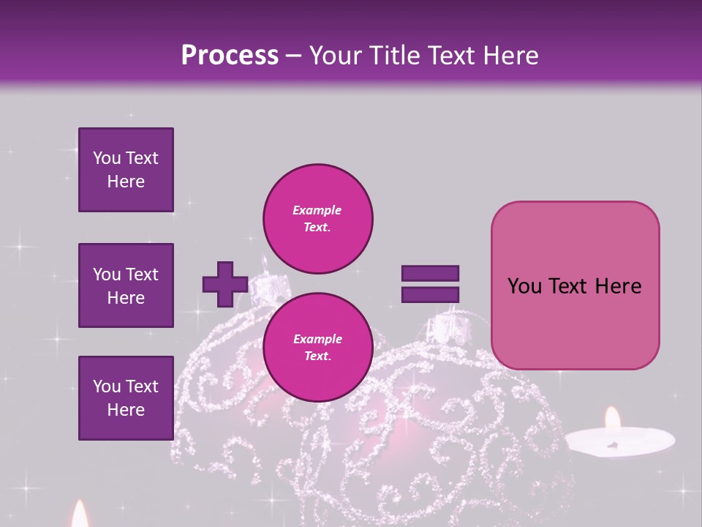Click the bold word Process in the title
[230, 56]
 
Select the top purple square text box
[126, 170]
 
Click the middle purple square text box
[126, 285]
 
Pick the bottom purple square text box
[126, 397]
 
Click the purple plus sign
[225, 284]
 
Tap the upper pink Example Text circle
[317, 218]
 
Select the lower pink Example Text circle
[317, 347]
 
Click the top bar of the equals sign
[430, 274]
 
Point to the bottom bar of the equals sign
[430, 295]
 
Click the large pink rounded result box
[575, 285]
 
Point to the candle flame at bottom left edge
[79, 515]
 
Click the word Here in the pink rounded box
[619, 286]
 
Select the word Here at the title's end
[510, 56]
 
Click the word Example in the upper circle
[317, 210]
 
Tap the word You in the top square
[107, 158]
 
